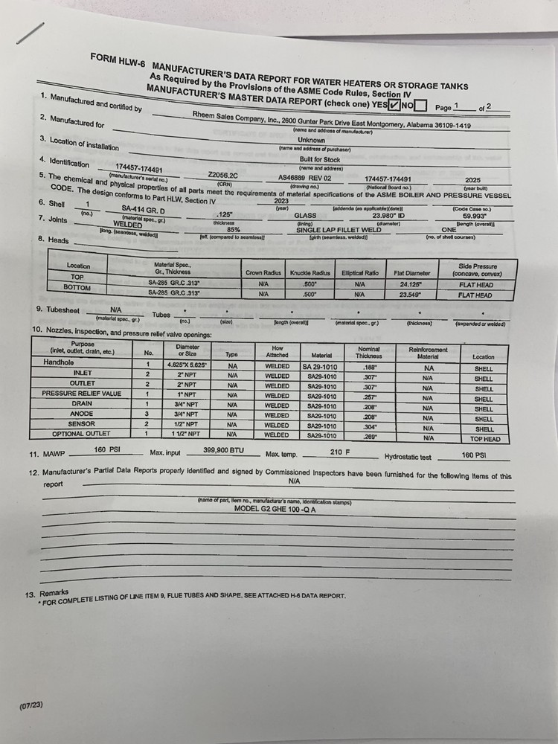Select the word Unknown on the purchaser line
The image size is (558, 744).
[311, 140]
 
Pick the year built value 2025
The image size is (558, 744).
[472, 180]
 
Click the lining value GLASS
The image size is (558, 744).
[306, 215]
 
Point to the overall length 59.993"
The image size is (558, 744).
[475, 217]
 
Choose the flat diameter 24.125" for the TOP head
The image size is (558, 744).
[410, 284]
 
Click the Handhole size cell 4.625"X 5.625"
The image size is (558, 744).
[186, 365]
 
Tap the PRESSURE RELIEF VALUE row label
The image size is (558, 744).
[81, 394]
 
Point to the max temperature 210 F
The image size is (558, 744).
[339, 452]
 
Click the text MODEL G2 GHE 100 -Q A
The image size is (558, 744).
[275, 510]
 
